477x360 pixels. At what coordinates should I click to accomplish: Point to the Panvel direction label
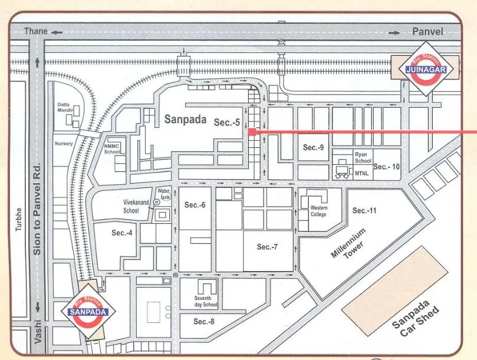[x=427, y=31]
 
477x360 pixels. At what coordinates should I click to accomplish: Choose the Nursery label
[x=64, y=143]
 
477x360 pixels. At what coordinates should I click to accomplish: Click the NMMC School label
[x=112, y=148]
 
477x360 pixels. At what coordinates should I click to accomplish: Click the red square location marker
[x=251, y=132]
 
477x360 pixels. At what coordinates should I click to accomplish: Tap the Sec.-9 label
[x=314, y=147]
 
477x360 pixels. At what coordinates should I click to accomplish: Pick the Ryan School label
[x=363, y=157]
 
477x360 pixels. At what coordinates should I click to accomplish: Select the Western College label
[x=318, y=211]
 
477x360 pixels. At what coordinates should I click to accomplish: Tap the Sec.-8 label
[x=204, y=321]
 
